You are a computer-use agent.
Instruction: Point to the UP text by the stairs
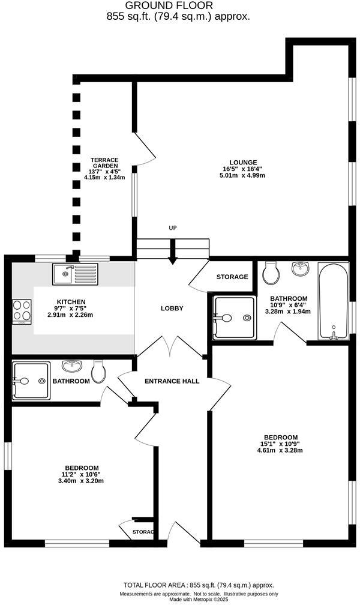point(173,228)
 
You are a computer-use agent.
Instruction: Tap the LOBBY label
point(172,309)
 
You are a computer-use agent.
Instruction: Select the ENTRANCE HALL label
point(172,381)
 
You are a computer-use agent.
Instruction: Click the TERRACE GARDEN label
point(104,163)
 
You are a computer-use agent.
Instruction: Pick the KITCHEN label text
point(71,302)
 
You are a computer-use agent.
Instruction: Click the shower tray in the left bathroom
point(31,381)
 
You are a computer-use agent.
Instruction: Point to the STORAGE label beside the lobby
point(232,277)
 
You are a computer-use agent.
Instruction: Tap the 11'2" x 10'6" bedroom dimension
point(82,475)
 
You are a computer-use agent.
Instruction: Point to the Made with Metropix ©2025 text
point(199,599)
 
